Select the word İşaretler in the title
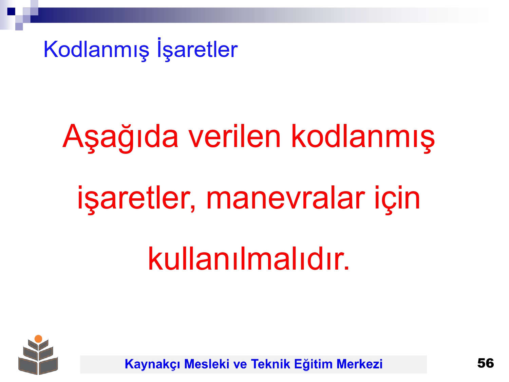coord(197,49)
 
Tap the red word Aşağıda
coord(120,138)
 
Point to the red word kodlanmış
coord(363,138)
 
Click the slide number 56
coord(485,363)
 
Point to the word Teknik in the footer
coord(270,364)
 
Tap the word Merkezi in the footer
coord(359,364)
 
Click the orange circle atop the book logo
coord(38,339)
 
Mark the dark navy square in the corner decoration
coord(11,11)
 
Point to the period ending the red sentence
coord(346,268)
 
